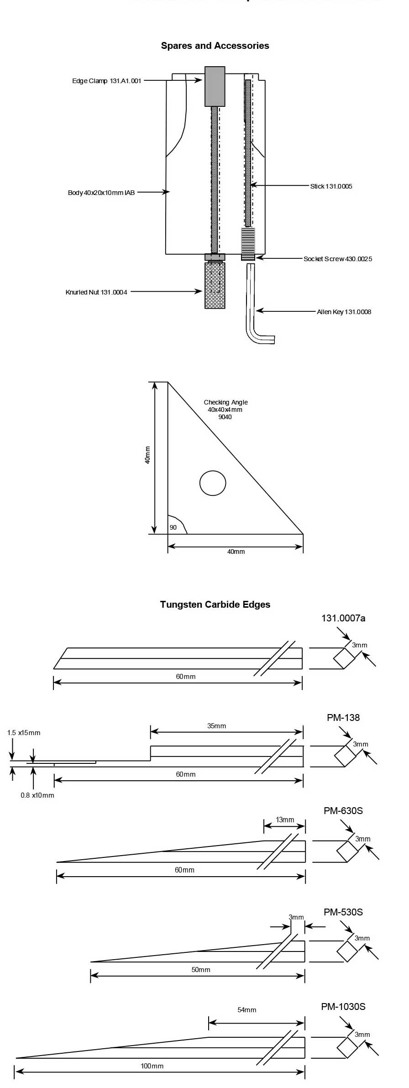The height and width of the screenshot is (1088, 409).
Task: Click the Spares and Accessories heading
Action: [x=215, y=46]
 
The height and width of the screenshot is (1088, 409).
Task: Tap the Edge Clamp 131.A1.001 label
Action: [x=106, y=81]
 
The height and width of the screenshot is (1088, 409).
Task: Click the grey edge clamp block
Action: [x=215, y=86]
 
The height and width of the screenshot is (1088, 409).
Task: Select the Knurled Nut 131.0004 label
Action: [x=96, y=292]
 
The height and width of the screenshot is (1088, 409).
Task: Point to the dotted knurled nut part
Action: [x=215, y=285]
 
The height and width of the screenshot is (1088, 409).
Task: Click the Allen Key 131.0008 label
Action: [x=344, y=312]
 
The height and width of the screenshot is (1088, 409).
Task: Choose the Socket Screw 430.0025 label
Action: [x=338, y=259]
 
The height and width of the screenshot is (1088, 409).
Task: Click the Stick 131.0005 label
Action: [x=331, y=186]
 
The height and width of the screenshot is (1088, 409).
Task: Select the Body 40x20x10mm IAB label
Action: [x=101, y=193]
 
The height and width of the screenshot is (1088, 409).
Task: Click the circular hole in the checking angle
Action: [x=213, y=483]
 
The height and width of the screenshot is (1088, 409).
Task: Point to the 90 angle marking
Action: [x=173, y=527]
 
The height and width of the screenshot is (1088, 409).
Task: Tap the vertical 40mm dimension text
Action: [x=147, y=455]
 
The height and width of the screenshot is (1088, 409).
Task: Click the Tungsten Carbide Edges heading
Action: [x=215, y=604]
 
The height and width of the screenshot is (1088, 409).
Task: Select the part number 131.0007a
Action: [x=343, y=618]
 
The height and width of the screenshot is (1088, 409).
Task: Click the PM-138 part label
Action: [x=343, y=718]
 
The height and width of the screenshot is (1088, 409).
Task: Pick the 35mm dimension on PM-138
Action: [x=216, y=726]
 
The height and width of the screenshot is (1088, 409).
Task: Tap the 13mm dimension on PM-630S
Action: [x=285, y=820]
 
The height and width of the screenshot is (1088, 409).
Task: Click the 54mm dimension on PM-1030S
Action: [x=246, y=1010]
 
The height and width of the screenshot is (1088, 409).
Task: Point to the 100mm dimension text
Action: [x=152, y=1066]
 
